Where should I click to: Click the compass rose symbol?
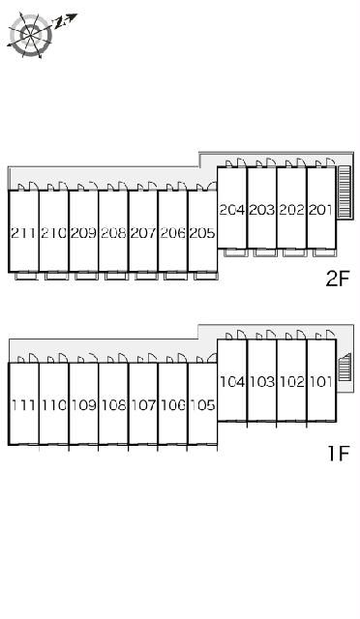click(x=30, y=35)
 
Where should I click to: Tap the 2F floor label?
click(x=337, y=280)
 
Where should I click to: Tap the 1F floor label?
click(x=339, y=454)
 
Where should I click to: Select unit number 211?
click(x=23, y=233)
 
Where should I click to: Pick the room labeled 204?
click(x=232, y=210)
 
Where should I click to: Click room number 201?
click(x=320, y=210)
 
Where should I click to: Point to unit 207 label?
click(x=143, y=233)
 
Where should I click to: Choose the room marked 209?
click(x=83, y=233)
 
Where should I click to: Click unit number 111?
click(x=23, y=405)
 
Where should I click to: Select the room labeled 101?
click(x=321, y=382)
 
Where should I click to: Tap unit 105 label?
click(x=202, y=405)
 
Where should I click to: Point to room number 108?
click(x=113, y=405)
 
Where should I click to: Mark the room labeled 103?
click(x=261, y=382)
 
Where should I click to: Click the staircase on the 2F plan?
click(x=345, y=192)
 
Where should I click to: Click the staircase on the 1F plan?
click(x=345, y=367)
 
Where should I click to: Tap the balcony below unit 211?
click(x=26, y=276)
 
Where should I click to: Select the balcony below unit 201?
click(x=325, y=252)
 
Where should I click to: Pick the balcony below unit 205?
click(x=206, y=276)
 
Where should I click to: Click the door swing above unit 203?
click(x=271, y=162)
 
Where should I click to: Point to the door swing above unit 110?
click(x=63, y=358)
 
